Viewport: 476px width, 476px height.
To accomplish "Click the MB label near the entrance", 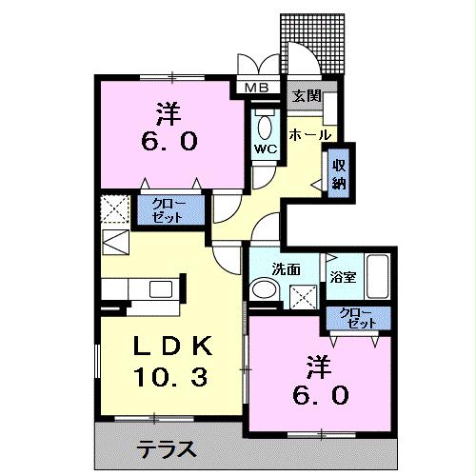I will pos(258,89).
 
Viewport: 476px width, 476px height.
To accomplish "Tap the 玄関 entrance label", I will pos(306,95).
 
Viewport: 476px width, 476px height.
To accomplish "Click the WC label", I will pos(264,149).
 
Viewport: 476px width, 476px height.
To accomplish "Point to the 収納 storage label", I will pos(339,173).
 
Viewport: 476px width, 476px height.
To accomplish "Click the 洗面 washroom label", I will pos(285,269).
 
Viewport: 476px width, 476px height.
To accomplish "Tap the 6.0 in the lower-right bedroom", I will pos(314,393).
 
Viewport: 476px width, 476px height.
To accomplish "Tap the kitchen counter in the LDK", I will pos(142,288).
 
